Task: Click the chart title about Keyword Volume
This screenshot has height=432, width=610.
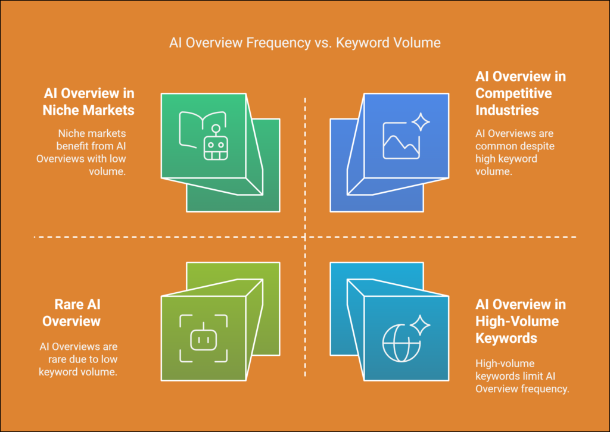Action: pos(305,42)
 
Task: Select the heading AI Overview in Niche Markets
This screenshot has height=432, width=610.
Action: pos(89,102)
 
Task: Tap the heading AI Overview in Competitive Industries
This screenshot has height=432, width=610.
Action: pos(521,93)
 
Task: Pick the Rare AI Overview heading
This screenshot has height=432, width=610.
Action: pos(71,313)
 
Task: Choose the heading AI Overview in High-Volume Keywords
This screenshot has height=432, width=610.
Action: pos(521,321)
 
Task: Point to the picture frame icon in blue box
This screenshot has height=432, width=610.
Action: pos(401,140)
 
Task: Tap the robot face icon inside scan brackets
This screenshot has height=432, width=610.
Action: pos(204,338)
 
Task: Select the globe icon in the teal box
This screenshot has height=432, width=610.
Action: pos(402,343)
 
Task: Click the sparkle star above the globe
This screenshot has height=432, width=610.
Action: pos(420,325)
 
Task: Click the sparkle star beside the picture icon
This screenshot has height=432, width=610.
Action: pos(421,122)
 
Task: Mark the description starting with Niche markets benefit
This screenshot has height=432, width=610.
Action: pos(81,152)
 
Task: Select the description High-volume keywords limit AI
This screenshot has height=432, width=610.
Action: pos(522,376)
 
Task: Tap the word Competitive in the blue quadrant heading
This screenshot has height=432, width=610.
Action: pos(513,93)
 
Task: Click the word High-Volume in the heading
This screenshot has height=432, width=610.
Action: pos(517,321)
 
